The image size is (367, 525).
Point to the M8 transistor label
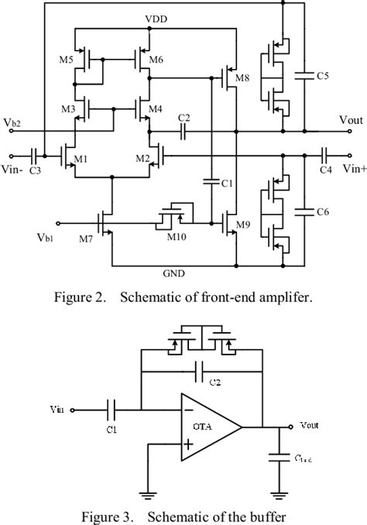[x=242, y=78]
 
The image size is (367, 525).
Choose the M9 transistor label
[x=242, y=225]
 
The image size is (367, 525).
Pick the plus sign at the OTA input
[x=188, y=444]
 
